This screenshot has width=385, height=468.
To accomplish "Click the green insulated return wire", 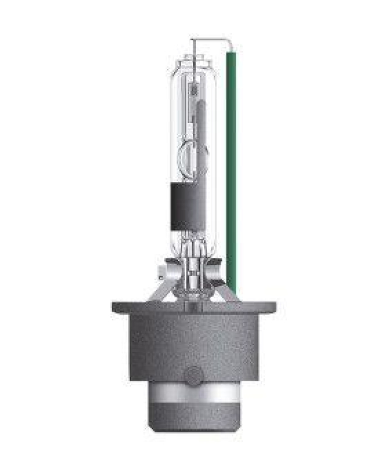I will [231, 175].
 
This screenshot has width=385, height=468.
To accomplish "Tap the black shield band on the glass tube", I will [185, 206].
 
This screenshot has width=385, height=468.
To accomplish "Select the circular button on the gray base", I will [194, 374].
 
